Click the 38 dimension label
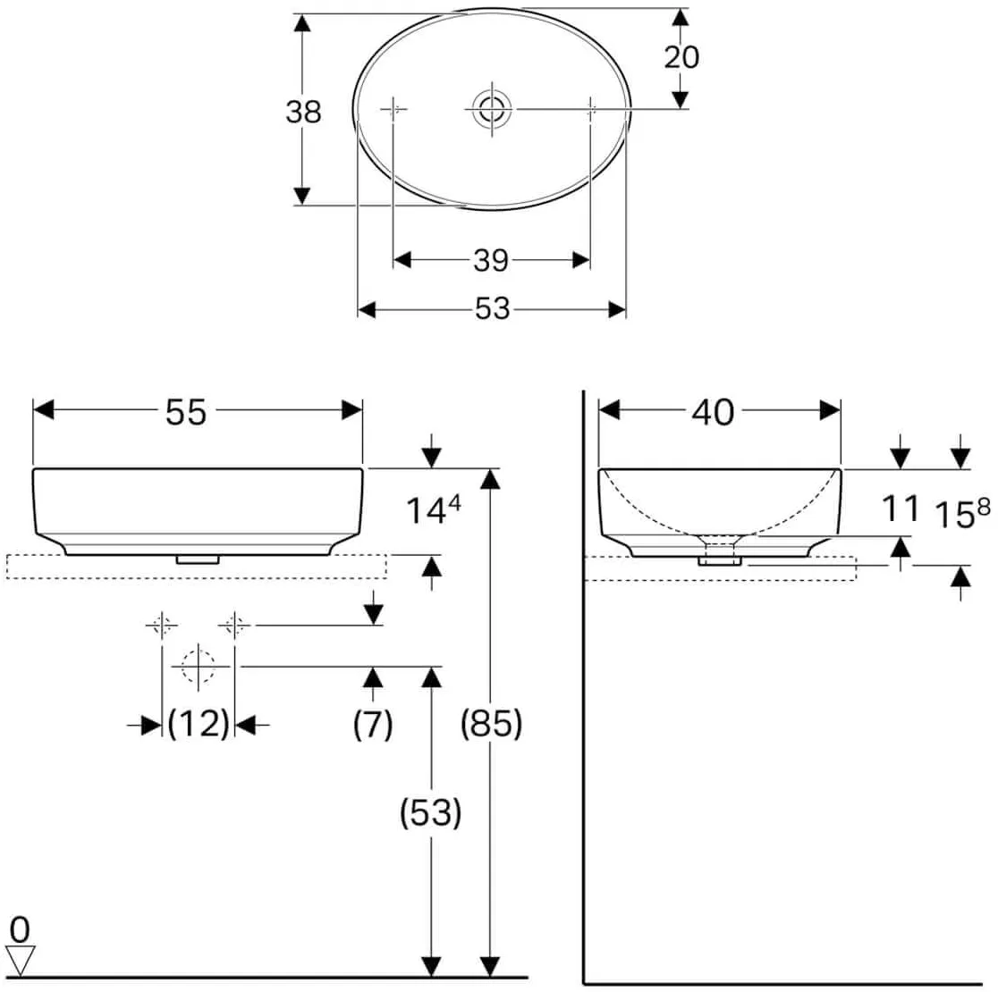[303, 112]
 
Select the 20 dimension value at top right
[681, 56]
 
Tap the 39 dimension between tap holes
[491, 261]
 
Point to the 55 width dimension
[186, 411]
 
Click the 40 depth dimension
[713, 412]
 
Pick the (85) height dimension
[491, 724]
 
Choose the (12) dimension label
[199, 724]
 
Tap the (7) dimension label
[373, 724]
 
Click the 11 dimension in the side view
[900, 509]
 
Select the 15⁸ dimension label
[962, 513]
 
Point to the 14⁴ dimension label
[434, 509]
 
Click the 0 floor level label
[20, 930]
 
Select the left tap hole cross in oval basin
[393, 109]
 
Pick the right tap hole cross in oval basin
[591, 109]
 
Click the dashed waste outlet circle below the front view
[199, 667]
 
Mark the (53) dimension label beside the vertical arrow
[430, 812]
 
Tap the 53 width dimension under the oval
[493, 309]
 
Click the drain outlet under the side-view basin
[721, 560]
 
